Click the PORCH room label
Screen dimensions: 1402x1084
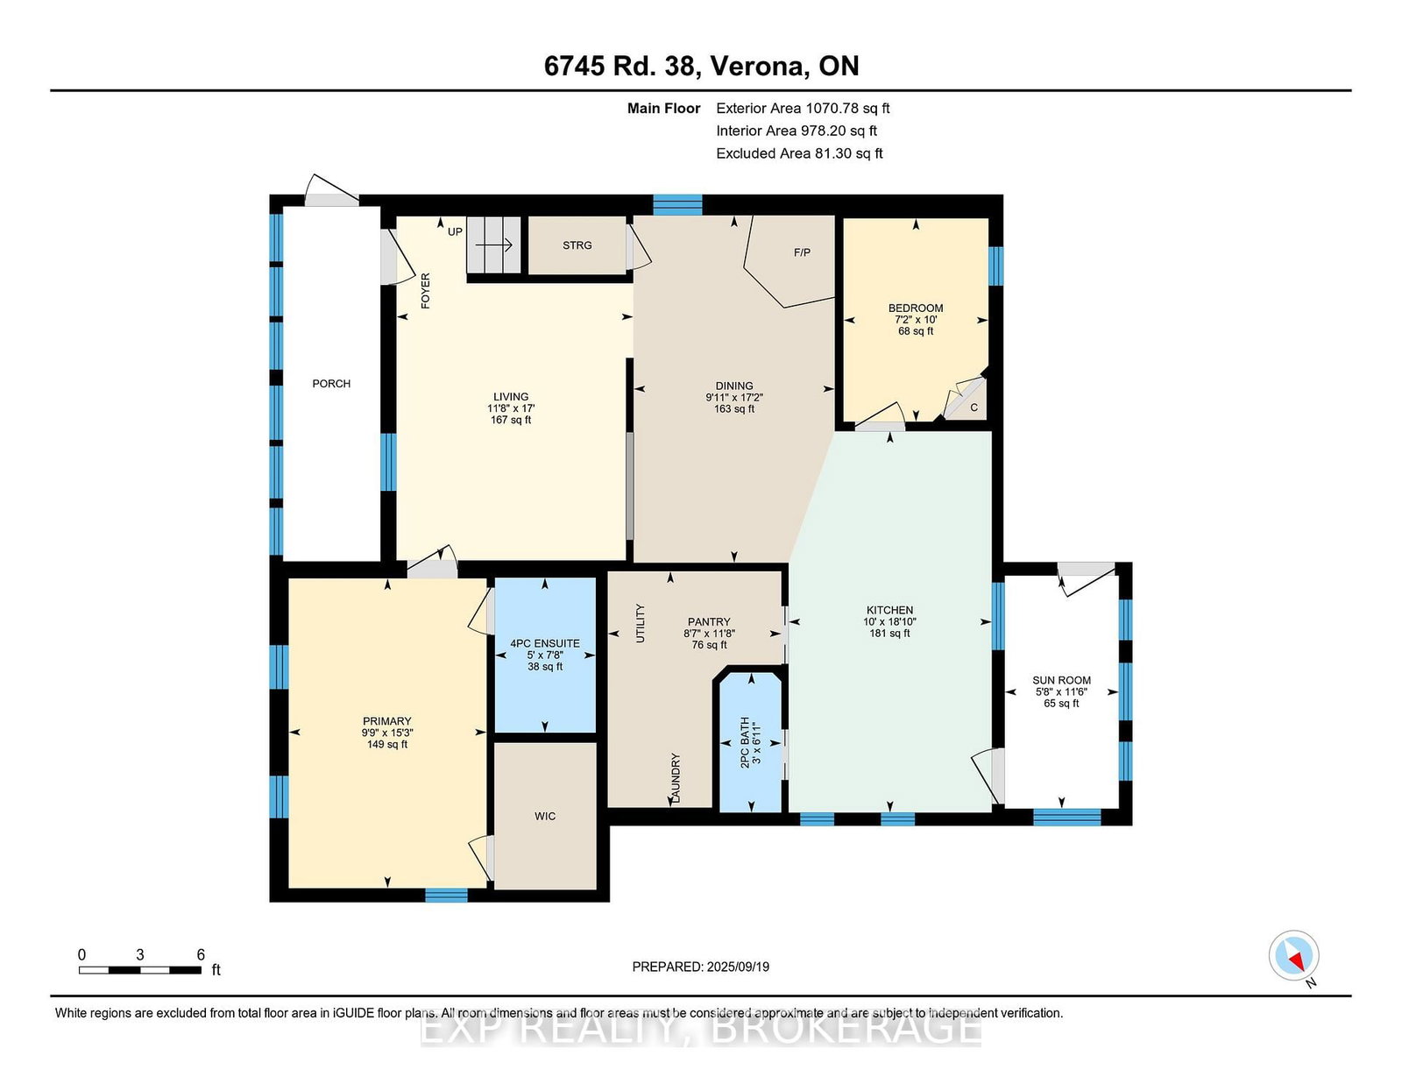pos(331,383)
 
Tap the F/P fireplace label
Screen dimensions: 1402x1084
pos(802,253)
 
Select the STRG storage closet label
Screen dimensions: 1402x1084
pos(577,245)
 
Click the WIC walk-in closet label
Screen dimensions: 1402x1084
pos(545,816)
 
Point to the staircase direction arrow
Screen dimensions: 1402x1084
pos(494,245)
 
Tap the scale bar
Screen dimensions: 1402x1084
pos(140,970)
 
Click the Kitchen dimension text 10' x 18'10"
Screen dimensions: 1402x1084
pos(889,621)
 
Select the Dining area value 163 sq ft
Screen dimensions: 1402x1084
pos(734,408)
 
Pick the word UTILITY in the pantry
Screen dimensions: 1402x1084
pos(641,623)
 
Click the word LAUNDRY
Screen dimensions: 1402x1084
pos(676,778)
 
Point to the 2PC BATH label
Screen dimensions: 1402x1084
pos(745,742)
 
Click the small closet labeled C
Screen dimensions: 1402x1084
pos(974,407)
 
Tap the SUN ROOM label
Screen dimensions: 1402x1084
pos(1061,680)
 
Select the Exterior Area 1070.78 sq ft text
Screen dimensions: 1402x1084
pos(803,109)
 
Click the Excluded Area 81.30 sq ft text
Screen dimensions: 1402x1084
pos(799,153)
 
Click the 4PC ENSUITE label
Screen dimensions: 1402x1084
pos(545,643)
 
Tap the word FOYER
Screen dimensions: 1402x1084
pos(426,291)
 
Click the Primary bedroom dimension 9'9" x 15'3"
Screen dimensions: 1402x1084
pos(387,733)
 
